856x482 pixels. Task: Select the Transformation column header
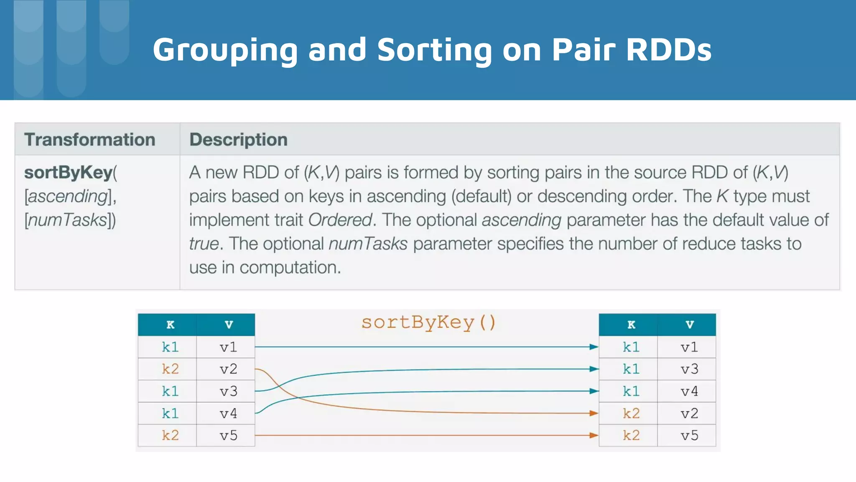[x=89, y=140]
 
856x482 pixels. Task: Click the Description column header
[x=238, y=140]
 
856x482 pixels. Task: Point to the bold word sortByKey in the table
[x=68, y=172]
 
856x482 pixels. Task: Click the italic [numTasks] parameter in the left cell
[x=69, y=220]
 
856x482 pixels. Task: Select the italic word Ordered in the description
[x=340, y=220]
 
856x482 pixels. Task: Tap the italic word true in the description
[x=204, y=244]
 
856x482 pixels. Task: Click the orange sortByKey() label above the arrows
[x=428, y=323]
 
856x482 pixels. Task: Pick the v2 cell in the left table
[x=228, y=369]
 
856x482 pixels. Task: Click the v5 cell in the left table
[x=228, y=436]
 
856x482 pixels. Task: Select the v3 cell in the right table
[x=689, y=369]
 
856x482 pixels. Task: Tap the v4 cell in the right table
[x=689, y=391]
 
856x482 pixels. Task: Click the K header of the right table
[x=631, y=325]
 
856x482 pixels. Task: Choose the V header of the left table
[x=229, y=325]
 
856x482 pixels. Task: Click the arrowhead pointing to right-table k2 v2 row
[x=594, y=413]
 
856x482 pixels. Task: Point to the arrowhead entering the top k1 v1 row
[x=594, y=347]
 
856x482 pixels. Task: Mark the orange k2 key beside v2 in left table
[x=170, y=369]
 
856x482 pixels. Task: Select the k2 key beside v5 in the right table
[x=631, y=436]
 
